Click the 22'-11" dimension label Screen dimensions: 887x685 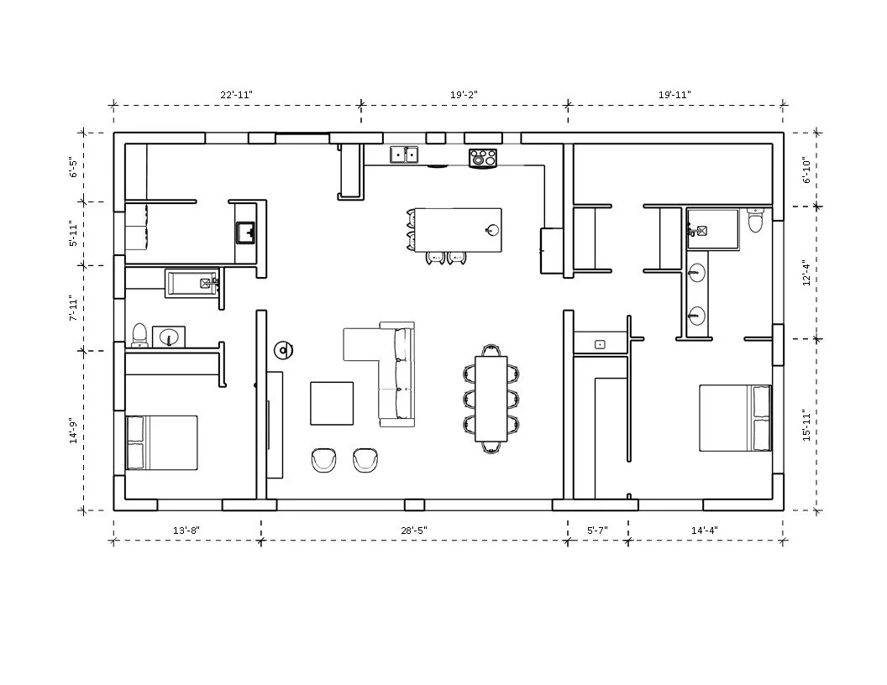coord(237,94)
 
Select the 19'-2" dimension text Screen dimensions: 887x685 coord(464,94)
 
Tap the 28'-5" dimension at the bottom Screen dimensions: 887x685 coord(414,531)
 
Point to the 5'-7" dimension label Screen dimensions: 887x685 coord(597,531)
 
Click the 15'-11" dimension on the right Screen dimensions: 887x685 coord(806,426)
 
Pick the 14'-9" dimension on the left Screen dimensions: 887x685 coord(73,431)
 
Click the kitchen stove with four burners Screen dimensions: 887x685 coord(482,157)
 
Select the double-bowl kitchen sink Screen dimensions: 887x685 coord(404,154)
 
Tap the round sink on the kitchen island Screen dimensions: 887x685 coord(492,229)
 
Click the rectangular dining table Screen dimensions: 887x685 coord(491,399)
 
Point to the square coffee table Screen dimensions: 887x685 coord(332,404)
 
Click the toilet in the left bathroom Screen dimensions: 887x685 coord(139,335)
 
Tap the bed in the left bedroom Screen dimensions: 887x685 coord(162,443)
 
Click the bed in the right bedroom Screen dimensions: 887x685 coord(736,418)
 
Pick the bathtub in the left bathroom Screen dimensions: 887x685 coord(192,284)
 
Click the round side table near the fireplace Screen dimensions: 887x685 coord(283,351)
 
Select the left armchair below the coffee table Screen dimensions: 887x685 coord(325,460)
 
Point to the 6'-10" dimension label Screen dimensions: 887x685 coord(806,170)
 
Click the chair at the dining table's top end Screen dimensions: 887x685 coord(491,350)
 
